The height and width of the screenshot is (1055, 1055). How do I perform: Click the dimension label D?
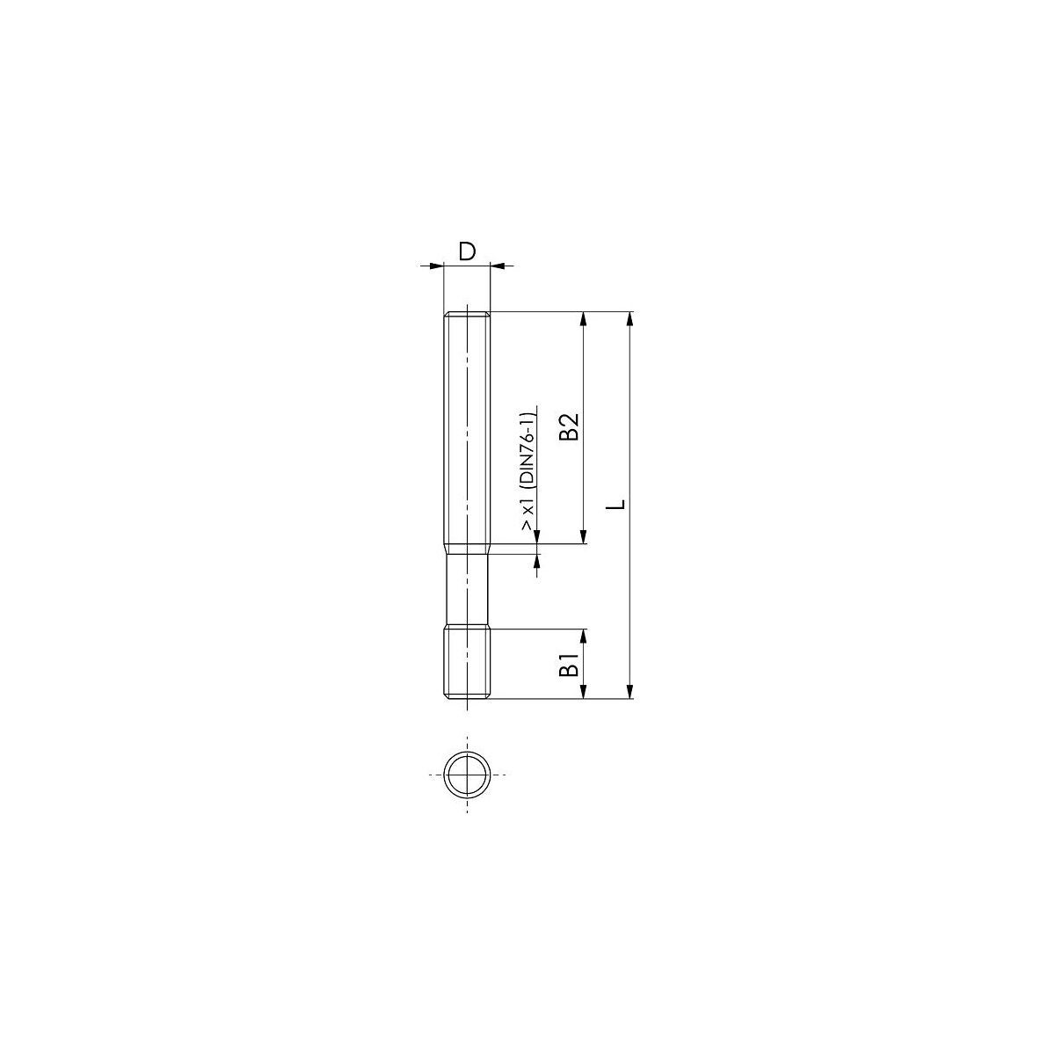click(x=467, y=251)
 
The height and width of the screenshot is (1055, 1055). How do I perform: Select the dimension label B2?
click(x=569, y=426)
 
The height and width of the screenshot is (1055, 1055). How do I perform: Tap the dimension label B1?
click(x=570, y=663)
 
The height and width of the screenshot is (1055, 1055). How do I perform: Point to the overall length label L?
click(x=616, y=504)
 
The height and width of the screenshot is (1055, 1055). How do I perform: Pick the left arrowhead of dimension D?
click(x=436, y=266)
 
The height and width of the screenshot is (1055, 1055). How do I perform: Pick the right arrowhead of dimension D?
click(x=497, y=266)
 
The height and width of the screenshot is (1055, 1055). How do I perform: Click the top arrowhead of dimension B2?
click(x=584, y=319)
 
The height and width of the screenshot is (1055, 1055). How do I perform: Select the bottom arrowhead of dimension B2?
click(x=584, y=536)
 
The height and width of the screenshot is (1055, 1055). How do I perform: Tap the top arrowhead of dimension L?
click(x=630, y=319)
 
